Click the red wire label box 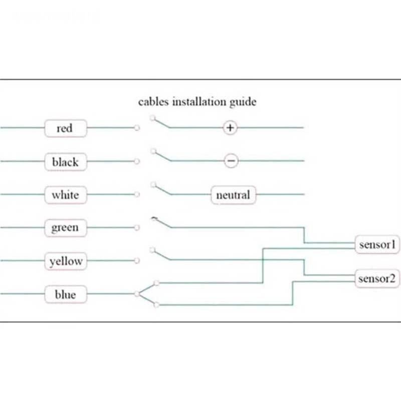point(65,128)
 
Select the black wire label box point(65,161)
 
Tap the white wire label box point(65,194)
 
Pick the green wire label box point(65,228)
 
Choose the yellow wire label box point(66,261)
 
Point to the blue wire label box point(66,294)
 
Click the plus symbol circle point(230,128)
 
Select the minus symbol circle point(231,161)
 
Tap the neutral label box point(233,194)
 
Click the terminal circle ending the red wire point(137,128)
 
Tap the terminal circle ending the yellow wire point(137,261)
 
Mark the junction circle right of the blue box point(137,294)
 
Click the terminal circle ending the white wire point(137,194)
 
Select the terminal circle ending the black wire point(137,161)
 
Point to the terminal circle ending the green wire point(137,228)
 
